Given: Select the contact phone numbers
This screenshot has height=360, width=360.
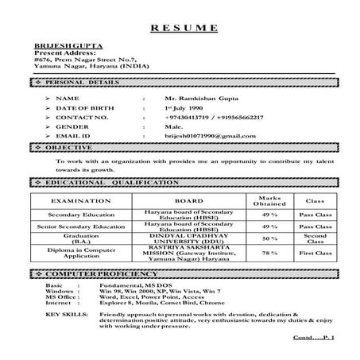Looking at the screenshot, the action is (x=210, y=116).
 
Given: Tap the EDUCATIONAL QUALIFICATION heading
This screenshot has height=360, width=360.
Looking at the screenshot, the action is (x=111, y=183).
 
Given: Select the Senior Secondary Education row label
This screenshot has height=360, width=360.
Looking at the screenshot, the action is (x=75, y=226).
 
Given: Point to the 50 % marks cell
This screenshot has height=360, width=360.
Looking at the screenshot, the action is (x=269, y=238).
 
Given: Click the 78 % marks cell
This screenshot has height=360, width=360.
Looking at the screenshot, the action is (x=269, y=253).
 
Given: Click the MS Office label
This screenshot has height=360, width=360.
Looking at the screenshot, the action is (x=62, y=296).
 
